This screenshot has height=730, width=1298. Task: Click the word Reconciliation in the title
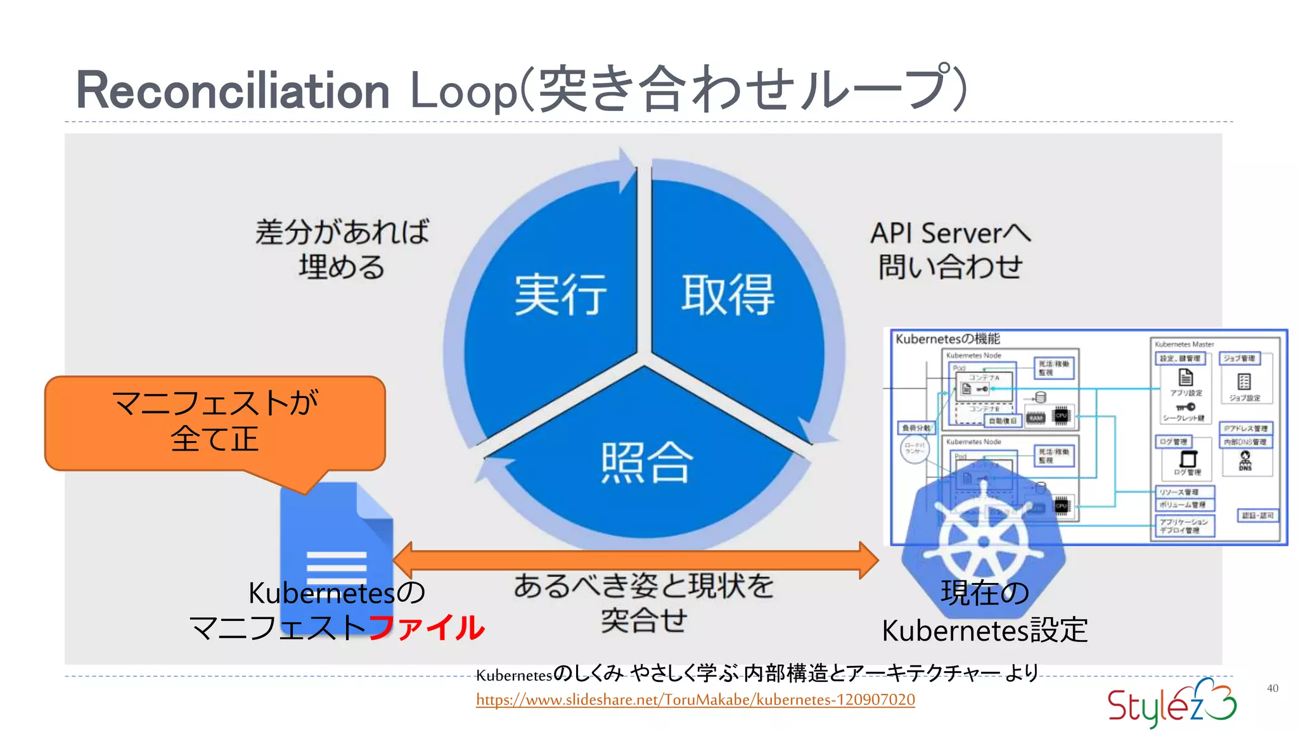point(232,91)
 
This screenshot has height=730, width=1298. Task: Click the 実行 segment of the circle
point(560,295)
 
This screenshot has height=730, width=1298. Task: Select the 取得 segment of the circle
point(728,295)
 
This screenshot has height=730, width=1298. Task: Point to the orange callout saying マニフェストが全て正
point(215,422)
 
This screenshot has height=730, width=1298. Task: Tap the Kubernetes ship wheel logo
point(983,535)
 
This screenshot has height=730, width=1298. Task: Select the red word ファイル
point(426,628)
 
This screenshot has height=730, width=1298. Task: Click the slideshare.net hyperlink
point(695,700)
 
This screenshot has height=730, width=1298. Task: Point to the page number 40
point(1272,688)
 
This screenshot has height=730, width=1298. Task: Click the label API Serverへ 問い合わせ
point(950,250)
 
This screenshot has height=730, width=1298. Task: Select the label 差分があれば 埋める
point(342,249)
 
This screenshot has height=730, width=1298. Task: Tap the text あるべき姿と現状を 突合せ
point(643,602)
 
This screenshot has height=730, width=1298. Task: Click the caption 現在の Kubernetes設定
point(984,612)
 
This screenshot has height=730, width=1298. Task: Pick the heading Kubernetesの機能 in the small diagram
point(948,339)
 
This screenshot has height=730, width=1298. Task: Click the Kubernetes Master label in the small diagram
point(1184,344)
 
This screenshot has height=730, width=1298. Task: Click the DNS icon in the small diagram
point(1245,461)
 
